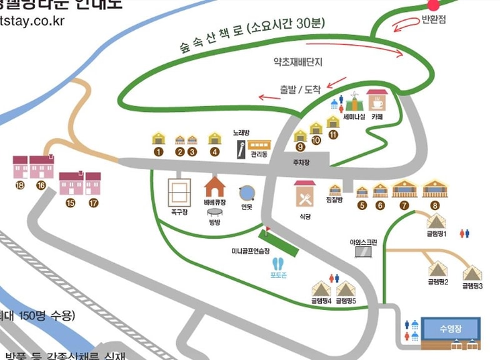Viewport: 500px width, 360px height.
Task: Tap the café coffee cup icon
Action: pos(377,101)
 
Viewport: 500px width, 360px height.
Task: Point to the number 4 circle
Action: pos(215,151)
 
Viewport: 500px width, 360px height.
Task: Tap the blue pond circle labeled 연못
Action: pos(246,191)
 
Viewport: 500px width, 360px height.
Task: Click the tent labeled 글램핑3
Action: pos(472,272)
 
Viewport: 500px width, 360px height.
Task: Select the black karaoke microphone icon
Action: pos(240,148)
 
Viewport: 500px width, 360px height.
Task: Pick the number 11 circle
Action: pos(332,134)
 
